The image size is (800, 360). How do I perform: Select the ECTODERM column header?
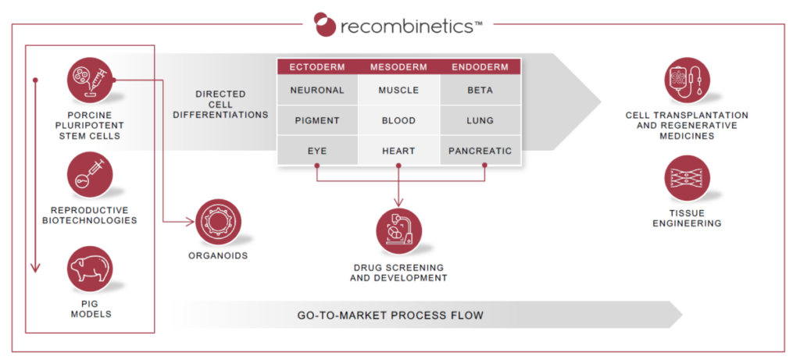pos(317,66)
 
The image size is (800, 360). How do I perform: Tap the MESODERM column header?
pos(398,66)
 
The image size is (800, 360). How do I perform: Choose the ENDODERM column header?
pos(480,66)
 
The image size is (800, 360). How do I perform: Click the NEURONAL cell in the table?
pos(317,90)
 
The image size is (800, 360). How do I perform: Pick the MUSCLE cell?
pos(398,90)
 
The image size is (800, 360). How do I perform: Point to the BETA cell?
pos(480,90)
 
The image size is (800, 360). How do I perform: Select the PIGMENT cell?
pos(317,120)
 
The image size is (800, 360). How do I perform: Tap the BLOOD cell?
pos(398,120)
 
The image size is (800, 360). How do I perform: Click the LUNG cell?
pos(480,120)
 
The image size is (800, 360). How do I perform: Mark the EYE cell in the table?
pos(317,150)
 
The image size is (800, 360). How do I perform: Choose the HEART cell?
pos(398,150)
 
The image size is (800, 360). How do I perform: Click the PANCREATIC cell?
pos(480,150)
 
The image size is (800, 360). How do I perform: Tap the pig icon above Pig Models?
pos(91,268)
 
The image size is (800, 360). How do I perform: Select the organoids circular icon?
pos(219,222)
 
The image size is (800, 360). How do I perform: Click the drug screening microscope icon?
pos(398,233)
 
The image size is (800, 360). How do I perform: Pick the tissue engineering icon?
pos(687,180)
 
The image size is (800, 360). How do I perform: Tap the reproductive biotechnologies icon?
pos(91,174)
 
